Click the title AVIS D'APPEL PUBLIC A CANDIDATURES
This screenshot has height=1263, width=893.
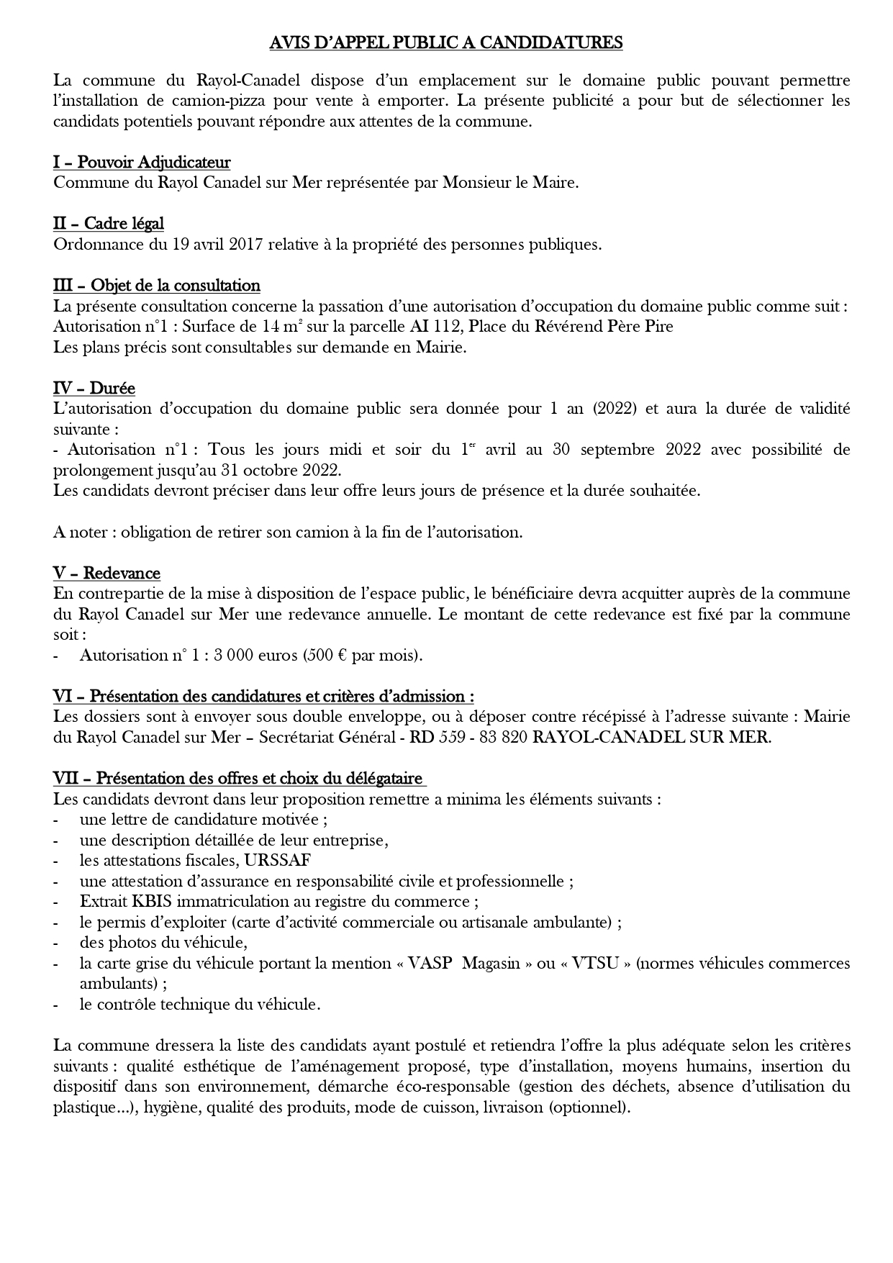point(445,43)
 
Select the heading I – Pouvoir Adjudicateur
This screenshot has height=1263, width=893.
point(142,162)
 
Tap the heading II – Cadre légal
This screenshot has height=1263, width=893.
point(109,224)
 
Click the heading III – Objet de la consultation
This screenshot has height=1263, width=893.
point(157,286)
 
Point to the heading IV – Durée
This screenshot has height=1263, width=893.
point(94,389)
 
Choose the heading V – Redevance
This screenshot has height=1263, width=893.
point(106,574)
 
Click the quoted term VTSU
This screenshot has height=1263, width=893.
point(595,964)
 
